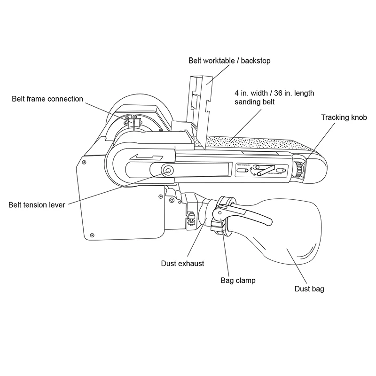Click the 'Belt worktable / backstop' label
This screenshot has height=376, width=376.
[229, 61]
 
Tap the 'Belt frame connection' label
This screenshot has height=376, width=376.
[47, 99]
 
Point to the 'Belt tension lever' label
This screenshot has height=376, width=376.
[37, 204]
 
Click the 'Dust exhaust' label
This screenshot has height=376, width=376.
[182, 263]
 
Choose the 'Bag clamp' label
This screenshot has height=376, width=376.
[238, 281]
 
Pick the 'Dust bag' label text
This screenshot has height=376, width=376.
[309, 289]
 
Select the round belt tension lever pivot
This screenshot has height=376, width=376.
[167, 171]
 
